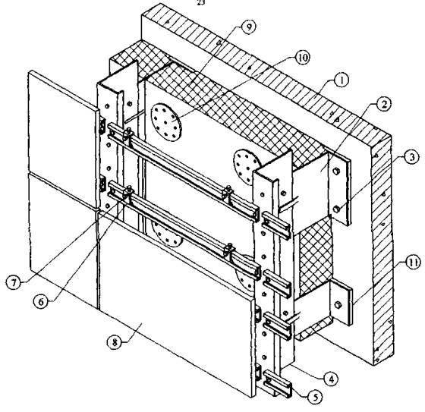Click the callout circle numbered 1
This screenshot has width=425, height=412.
coord(342,80)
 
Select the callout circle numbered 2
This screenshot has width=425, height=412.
coord(383,105)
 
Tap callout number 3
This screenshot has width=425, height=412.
coord(411,157)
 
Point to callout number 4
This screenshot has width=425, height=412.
coord(330,379)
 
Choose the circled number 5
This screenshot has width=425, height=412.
coord(315,397)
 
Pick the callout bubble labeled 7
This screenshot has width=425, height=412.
coord(14,283)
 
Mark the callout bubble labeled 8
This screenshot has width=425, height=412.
coord(115,343)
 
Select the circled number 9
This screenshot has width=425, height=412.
coord(248,27)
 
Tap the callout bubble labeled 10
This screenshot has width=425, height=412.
coord(302,58)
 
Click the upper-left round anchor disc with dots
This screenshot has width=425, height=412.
coord(165,122)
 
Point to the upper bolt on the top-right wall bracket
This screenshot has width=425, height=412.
coord(336,171)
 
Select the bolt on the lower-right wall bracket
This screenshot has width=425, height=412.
coord(338,303)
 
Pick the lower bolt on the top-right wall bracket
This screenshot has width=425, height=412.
coord(337,209)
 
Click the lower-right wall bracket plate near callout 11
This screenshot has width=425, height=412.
coord(341,303)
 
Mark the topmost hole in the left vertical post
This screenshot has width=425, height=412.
coord(107,106)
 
